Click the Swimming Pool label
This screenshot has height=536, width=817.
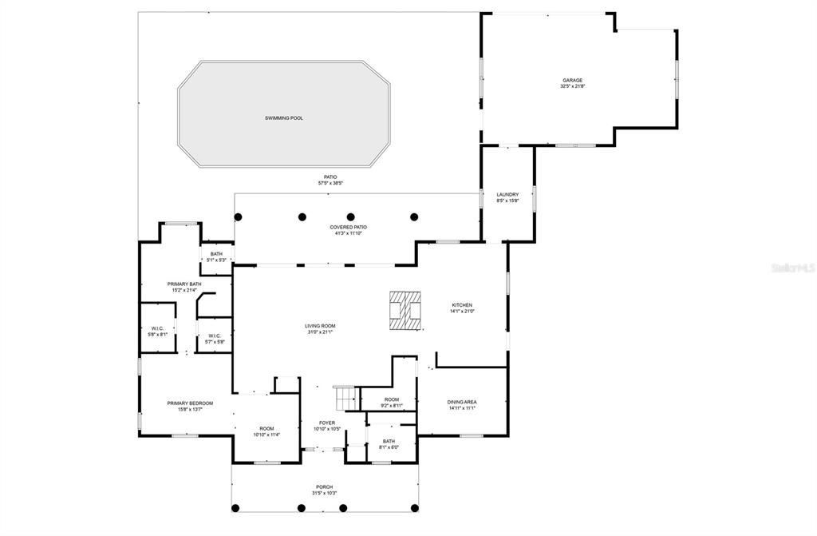(x=284, y=118)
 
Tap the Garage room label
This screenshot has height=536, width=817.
(x=572, y=80)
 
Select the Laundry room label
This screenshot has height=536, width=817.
(x=507, y=194)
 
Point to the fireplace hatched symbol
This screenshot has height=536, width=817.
(x=405, y=311)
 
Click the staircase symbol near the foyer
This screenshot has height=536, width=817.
(x=345, y=396)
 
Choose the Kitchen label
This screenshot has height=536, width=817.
(x=462, y=305)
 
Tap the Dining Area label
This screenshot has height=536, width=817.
(x=462, y=402)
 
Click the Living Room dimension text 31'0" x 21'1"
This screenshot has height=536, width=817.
(x=319, y=332)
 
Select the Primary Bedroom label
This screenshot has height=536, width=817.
(x=190, y=403)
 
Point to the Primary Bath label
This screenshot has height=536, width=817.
(x=184, y=284)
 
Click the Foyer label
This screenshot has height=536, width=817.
(x=327, y=423)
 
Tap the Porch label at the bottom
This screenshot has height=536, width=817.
(x=324, y=486)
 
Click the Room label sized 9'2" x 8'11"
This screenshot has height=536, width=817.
(x=391, y=399)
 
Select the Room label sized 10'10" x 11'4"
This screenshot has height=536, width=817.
(x=266, y=429)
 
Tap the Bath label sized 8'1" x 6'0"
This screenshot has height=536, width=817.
(x=389, y=441)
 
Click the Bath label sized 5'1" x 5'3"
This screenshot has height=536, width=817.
(x=216, y=254)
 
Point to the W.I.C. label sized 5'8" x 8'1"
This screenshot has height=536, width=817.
(x=158, y=328)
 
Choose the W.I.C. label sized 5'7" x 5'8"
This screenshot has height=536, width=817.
(x=215, y=335)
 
